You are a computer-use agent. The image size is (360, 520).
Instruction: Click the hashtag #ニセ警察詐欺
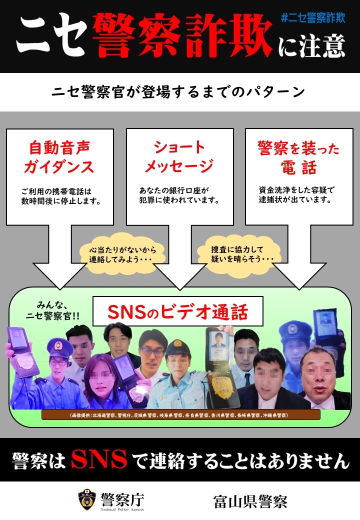313,17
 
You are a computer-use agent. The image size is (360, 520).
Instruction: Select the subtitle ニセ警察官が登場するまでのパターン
178,92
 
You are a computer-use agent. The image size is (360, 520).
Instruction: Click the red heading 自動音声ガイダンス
59,157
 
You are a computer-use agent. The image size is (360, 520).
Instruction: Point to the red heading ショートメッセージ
179,156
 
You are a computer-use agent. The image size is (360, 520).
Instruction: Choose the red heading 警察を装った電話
298,157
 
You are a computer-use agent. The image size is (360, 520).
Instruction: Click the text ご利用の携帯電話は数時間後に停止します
61,196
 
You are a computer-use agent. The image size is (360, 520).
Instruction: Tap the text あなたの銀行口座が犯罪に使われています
179,195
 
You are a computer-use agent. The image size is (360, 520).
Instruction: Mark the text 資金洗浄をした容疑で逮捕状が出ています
297,194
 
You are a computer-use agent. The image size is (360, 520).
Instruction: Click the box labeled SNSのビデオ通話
177,311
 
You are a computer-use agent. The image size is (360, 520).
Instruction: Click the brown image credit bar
180,415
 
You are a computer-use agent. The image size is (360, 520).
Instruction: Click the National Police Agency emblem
87,500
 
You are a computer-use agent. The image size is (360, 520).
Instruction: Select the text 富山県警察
250,501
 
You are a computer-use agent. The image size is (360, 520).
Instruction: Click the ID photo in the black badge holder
219,340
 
